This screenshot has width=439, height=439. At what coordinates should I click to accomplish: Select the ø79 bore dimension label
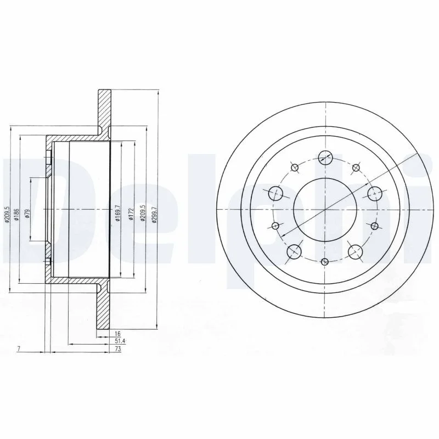click(x=27, y=214)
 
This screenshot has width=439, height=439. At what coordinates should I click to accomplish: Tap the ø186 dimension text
click(x=16, y=215)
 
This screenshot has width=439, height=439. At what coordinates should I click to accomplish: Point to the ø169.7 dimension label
click(x=117, y=213)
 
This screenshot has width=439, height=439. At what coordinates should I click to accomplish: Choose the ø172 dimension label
click(x=131, y=215)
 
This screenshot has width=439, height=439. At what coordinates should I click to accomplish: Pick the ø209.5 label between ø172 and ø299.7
click(x=143, y=213)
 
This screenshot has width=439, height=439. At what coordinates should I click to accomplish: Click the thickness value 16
click(x=117, y=334)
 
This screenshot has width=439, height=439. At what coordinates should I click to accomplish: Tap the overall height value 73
click(x=118, y=349)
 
